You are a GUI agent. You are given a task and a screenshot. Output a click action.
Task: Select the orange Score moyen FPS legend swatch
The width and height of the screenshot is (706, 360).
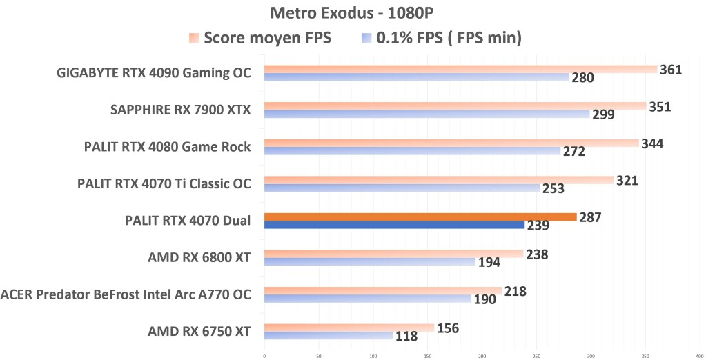tap(195, 39)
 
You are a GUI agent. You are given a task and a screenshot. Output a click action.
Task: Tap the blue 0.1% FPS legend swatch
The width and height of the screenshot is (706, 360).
tap(366, 39)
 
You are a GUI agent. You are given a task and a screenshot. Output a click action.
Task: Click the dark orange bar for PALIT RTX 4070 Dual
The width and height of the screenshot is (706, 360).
tap(420, 217)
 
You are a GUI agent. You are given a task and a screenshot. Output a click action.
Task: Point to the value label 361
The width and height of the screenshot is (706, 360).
tap(671, 70)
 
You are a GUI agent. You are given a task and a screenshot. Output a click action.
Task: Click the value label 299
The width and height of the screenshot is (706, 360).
tap(603, 114)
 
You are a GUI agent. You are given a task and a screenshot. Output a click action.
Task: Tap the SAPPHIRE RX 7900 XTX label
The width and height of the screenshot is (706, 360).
tap(180, 109)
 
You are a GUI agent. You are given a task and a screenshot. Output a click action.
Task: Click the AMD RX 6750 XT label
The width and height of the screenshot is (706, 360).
tap(199, 331)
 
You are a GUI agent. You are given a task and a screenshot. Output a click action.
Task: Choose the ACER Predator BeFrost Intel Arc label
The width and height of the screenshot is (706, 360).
tap(126, 294)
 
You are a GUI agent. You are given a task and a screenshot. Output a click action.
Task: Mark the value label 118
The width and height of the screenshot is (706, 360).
tap(406, 337)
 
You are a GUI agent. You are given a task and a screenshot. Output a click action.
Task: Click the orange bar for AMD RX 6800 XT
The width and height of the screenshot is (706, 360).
tap(393, 254)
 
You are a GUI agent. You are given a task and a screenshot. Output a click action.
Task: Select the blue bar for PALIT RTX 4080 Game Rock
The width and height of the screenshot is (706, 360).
tap(412, 150)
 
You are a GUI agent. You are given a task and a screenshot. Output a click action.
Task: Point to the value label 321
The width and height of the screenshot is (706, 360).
tap(627, 181)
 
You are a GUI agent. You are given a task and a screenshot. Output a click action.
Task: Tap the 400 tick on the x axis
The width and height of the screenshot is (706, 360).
tap(698, 356)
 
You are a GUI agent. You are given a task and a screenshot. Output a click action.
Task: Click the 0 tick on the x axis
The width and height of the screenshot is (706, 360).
tap(264, 356)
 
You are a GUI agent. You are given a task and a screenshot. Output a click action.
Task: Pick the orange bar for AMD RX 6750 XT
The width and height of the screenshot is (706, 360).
tap(349, 328)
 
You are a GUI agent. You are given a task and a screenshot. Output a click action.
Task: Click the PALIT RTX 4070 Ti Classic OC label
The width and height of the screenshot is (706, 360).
tap(164, 183)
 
